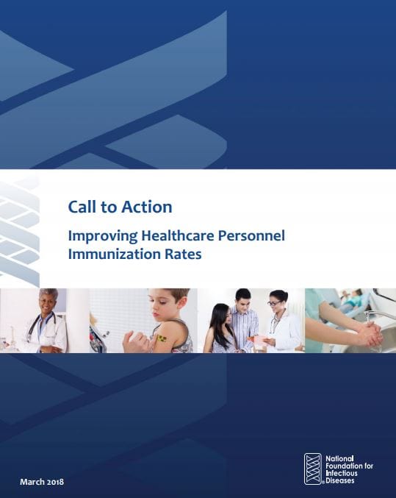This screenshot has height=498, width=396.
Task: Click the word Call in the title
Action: point(82,207)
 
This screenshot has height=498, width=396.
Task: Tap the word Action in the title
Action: point(147,207)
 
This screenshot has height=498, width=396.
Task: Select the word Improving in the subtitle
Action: point(103,236)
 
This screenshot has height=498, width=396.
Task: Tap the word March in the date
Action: point(32,482)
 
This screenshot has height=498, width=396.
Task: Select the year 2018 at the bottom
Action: point(55,482)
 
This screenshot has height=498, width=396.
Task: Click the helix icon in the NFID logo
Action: point(313,469)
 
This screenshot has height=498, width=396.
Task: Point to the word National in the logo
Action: point(339,458)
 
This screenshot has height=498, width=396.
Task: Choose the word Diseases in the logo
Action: point(340,480)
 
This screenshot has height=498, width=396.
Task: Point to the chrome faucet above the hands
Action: point(380,314)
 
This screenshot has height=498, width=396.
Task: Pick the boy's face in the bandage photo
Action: point(163,307)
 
